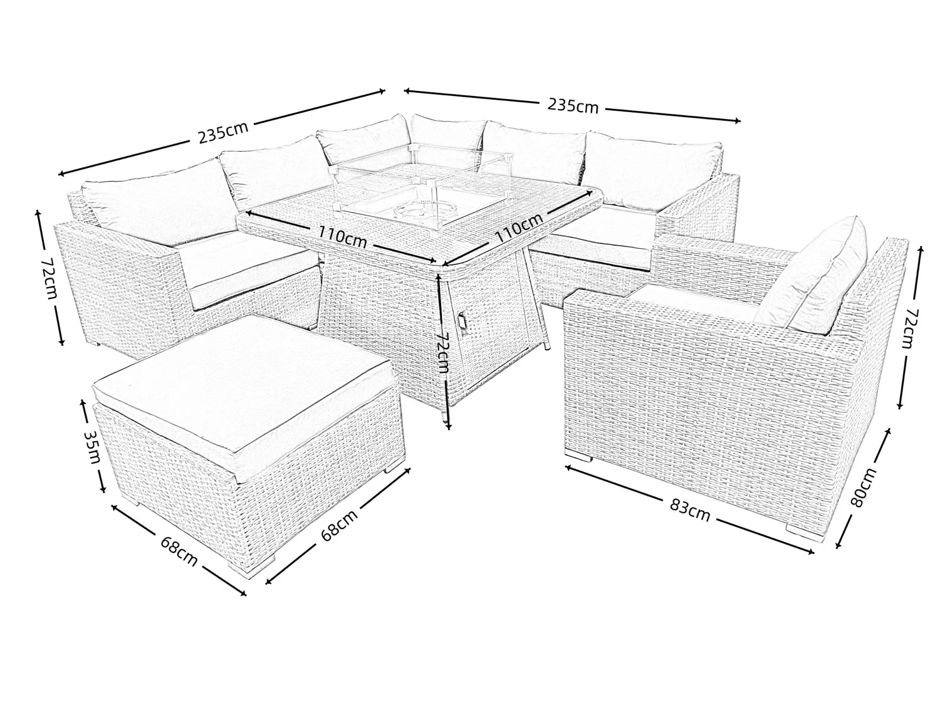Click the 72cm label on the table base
(x=442, y=352)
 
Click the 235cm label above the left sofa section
(x=223, y=132)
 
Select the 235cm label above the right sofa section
(x=573, y=106)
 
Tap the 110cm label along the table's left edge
(x=342, y=236)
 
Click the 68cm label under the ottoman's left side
(x=179, y=550)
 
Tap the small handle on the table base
(x=463, y=320)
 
